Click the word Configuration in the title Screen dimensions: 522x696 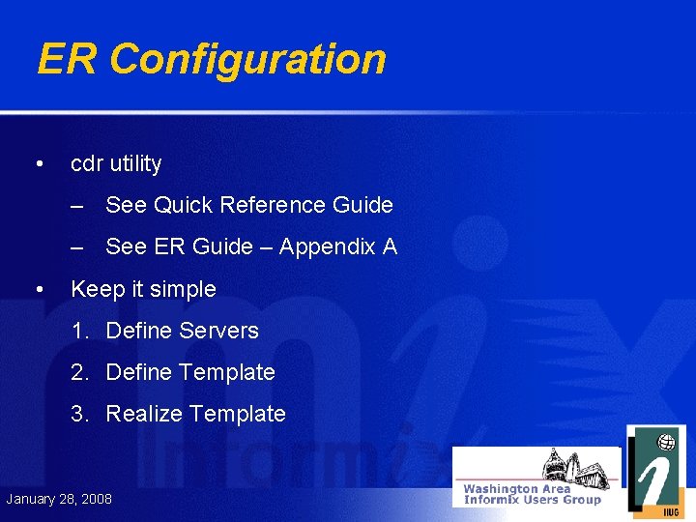pyautogui.click(x=247, y=59)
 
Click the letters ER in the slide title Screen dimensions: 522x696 pyautogui.click(x=68, y=59)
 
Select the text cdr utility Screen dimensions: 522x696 pyautogui.click(x=116, y=164)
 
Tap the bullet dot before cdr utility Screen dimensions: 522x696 pyautogui.click(x=38, y=163)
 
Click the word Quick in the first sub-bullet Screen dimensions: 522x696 pyautogui.click(x=184, y=205)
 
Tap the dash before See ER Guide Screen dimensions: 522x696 pyautogui.click(x=77, y=246)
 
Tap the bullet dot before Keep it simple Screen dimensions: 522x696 pyautogui.click(x=38, y=288)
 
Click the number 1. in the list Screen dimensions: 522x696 pyautogui.click(x=81, y=331)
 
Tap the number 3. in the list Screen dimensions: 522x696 pyautogui.click(x=81, y=414)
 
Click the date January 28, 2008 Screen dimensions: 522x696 pyautogui.click(x=59, y=499)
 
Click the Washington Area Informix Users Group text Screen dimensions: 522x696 pyautogui.click(x=532, y=494)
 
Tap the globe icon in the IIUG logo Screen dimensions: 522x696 pyautogui.click(x=666, y=443)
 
